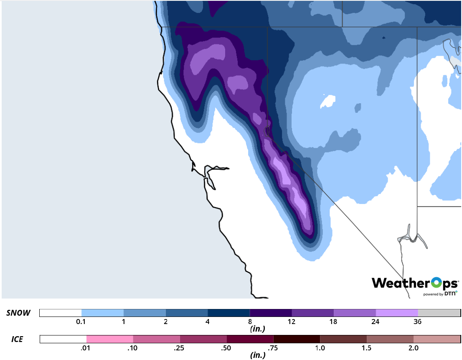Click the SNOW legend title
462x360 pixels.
pyautogui.click(x=18, y=313)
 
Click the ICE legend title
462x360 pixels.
pyautogui.click(x=17, y=339)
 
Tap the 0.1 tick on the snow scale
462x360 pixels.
pyautogui.click(x=81, y=322)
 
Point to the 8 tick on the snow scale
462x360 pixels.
pyautogui.click(x=250, y=322)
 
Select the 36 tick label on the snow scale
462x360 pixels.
pyautogui.click(x=418, y=322)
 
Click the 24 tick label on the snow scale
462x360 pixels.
pyautogui.click(x=376, y=322)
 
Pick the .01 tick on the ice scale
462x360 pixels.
pyautogui.click(x=87, y=347)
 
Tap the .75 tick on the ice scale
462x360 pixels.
pyautogui.click(x=273, y=347)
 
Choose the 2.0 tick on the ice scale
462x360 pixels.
pyautogui.click(x=413, y=347)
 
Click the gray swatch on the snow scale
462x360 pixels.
pyautogui.click(x=439, y=313)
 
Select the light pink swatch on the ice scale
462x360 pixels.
pyautogui.click(x=110, y=339)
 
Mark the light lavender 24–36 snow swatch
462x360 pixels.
pyautogui.click(x=397, y=313)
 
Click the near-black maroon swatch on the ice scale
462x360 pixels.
pyautogui.click(x=297, y=339)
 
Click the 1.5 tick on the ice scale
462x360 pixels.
pyautogui.click(x=366, y=347)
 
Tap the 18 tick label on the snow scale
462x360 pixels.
pyautogui.click(x=334, y=322)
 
